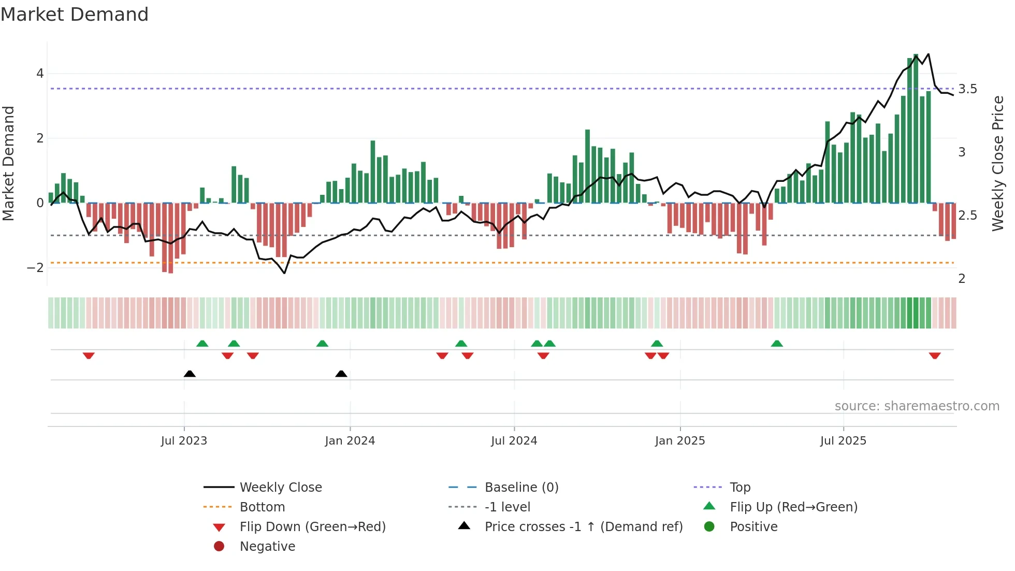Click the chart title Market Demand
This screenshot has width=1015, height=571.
(75, 15)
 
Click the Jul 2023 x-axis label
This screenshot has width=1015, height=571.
(184, 441)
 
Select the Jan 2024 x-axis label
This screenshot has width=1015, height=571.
(350, 441)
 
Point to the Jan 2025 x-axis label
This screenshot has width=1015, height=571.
(679, 441)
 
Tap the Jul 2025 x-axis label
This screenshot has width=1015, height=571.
(843, 441)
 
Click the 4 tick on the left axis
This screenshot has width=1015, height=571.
(40, 74)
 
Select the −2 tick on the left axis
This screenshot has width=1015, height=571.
(35, 268)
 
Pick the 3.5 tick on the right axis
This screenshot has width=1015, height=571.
(967, 89)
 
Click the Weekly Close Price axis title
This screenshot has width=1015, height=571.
(997, 163)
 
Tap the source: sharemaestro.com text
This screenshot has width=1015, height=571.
(917, 406)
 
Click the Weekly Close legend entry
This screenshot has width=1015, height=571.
(280, 488)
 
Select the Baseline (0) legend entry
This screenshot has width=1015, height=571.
(521, 488)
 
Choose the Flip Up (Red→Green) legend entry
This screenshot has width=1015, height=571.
(793, 507)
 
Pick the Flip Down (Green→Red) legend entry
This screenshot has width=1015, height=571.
(312, 527)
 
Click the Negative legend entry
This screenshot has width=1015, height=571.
(267, 547)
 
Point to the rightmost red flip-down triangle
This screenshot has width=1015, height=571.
(935, 355)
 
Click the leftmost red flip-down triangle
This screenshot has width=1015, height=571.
(89, 355)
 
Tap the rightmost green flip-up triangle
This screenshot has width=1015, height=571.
(777, 344)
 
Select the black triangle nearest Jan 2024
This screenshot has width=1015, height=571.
(341, 374)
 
